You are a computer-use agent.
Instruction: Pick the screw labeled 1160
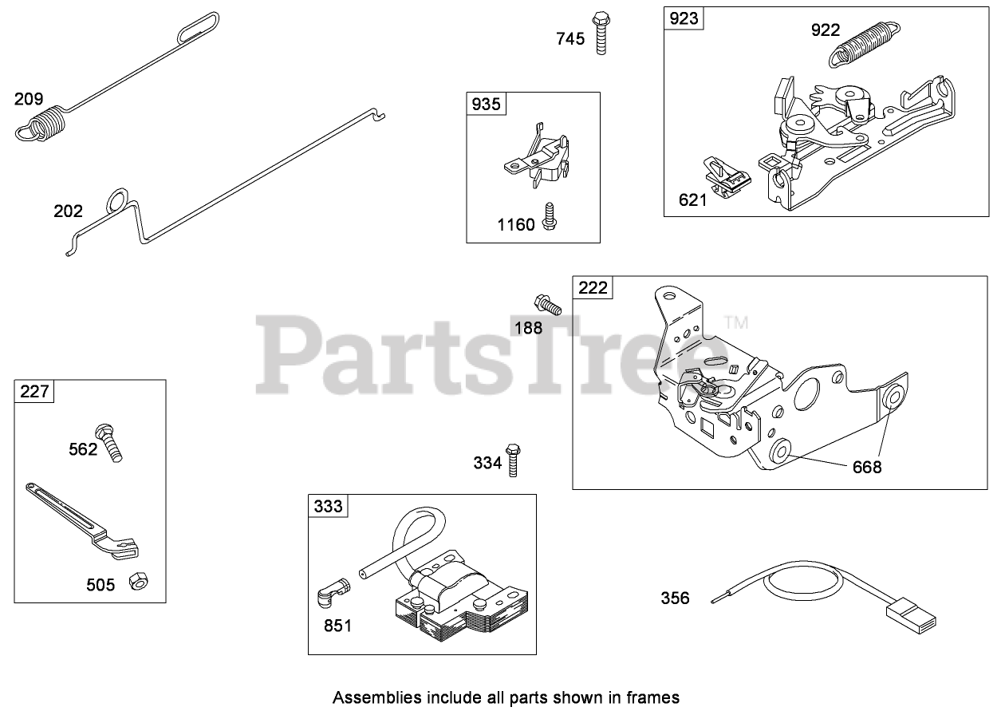[549, 217]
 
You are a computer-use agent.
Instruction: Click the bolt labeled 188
[547, 305]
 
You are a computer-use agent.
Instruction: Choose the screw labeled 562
[111, 442]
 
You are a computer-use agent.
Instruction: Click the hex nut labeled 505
[138, 581]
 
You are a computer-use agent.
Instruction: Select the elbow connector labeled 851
[333, 593]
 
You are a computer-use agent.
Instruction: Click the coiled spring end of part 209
[40, 125]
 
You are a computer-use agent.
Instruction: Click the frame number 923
[684, 18]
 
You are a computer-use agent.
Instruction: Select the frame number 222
[593, 287]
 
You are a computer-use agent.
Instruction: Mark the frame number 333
[328, 505]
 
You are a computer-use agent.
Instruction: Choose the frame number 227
[34, 391]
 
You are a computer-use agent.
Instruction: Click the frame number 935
[486, 103]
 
